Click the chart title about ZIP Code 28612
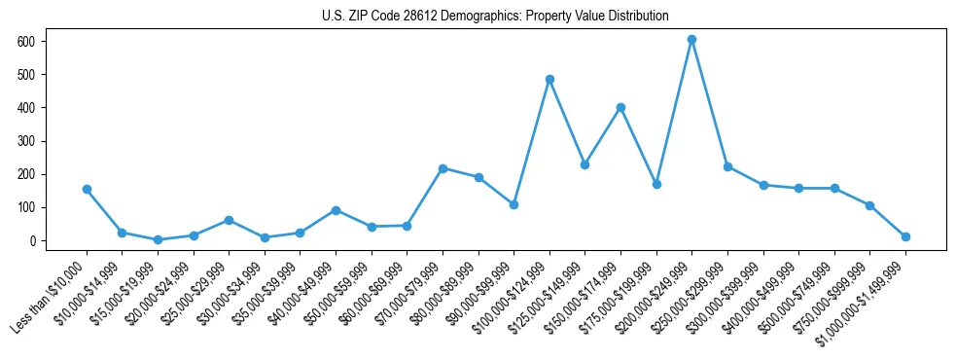(x=495, y=16)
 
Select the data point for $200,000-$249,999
(x=691, y=40)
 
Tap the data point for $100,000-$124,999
(x=549, y=79)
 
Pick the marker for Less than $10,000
(x=87, y=189)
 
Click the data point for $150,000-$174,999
(x=620, y=107)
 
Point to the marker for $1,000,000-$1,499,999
(x=905, y=236)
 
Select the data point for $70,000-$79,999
(x=443, y=168)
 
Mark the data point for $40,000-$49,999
(x=336, y=210)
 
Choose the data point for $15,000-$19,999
(x=158, y=239)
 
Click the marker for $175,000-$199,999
(x=656, y=184)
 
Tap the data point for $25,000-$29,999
(x=229, y=220)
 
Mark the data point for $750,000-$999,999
(x=869, y=205)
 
